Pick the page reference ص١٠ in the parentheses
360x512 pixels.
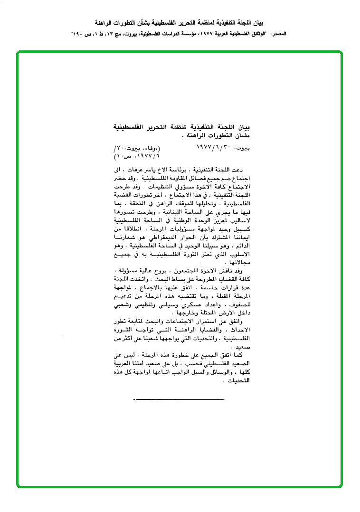(123, 155)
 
